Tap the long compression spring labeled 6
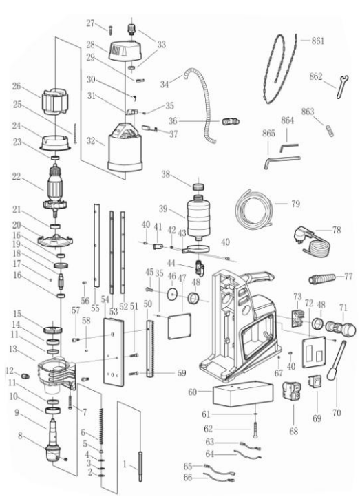(103, 425)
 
